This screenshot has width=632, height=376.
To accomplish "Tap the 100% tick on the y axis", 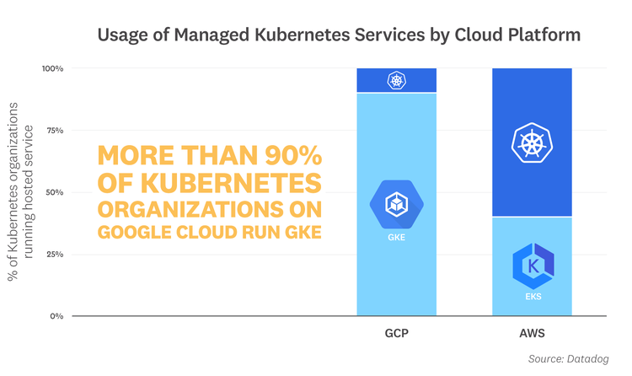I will pyautogui.click(x=52, y=68).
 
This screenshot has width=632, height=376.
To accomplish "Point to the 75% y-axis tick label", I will pyautogui.click(x=55, y=131).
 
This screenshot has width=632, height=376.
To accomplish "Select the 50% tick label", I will pyautogui.click(x=55, y=192).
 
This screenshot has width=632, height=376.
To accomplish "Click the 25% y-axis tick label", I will pyautogui.click(x=55, y=254).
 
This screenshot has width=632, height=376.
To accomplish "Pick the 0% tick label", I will pyautogui.click(x=56, y=316).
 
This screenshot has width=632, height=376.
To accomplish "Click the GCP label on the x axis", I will pyautogui.click(x=396, y=334).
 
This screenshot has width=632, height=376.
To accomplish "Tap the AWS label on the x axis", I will pyautogui.click(x=532, y=334).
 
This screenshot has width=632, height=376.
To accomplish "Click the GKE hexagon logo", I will pyautogui.click(x=396, y=203).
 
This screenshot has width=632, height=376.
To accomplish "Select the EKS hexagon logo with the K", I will pyautogui.click(x=533, y=266).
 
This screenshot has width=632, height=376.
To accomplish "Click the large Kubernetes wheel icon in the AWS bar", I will pyautogui.click(x=532, y=142).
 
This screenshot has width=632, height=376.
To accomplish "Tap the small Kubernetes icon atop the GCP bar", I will pyautogui.click(x=396, y=81).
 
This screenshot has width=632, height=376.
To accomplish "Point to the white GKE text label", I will pyautogui.click(x=396, y=238).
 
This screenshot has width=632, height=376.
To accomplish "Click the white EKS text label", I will pyautogui.click(x=533, y=298).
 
